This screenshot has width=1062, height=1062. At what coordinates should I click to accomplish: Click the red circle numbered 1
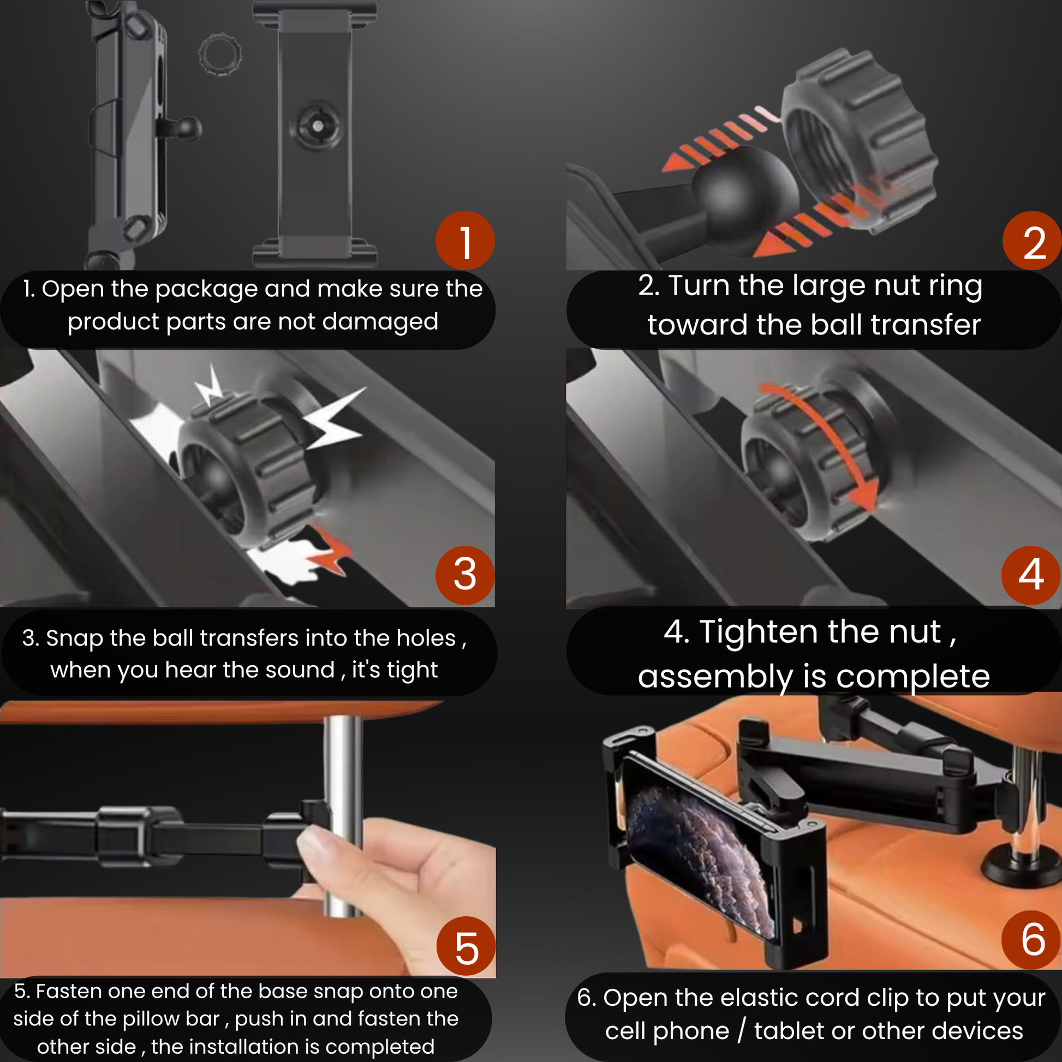click(x=465, y=241)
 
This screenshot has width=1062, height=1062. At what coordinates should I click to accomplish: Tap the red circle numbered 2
click(x=1033, y=241)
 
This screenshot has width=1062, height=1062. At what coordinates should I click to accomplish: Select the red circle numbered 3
click(x=465, y=575)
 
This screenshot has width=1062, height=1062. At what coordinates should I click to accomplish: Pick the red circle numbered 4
click(x=1031, y=575)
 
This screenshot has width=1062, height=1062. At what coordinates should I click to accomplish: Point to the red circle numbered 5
click(x=466, y=946)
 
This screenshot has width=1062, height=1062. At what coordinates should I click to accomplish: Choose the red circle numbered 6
click(x=1032, y=940)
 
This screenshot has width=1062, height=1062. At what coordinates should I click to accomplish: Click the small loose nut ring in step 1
click(x=220, y=55)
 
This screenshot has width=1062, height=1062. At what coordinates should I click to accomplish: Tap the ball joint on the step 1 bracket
click(x=187, y=129)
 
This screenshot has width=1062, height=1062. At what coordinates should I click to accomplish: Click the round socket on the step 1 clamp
click(x=317, y=126)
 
